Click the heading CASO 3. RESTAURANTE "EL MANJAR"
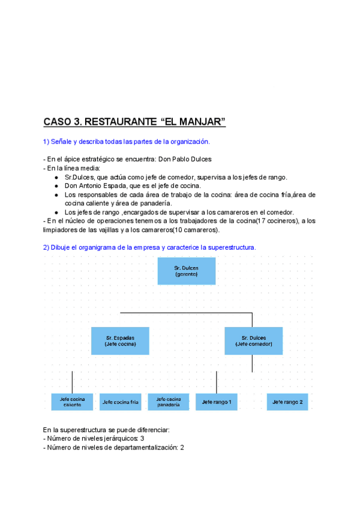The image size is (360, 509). tap(134, 122)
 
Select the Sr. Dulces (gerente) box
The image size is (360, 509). tap(187, 271)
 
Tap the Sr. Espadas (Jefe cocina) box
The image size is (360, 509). tap(120, 341)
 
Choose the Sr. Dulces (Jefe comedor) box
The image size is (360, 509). tap(254, 341)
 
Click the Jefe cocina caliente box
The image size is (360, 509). tap(72, 402)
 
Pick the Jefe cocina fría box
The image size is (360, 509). tap(120, 402)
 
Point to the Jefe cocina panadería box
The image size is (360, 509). tap(169, 402)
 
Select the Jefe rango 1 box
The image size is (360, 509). tap(217, 402)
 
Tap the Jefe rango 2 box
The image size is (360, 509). tap(287, 402)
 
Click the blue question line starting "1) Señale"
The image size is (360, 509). tap(127, 142)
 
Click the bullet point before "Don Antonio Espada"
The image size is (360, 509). tap(56, 186)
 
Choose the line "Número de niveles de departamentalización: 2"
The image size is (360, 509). tap(113, 448)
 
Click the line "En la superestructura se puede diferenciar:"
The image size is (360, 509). tap(106, 430)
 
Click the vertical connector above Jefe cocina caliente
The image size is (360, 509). tap(72, 382)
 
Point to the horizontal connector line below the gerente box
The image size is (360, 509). tap(186, 313)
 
